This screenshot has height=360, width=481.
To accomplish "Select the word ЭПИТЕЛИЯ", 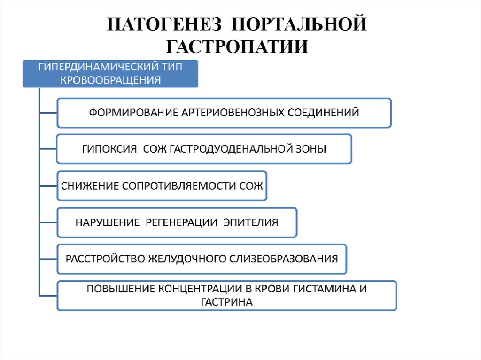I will point(254,222).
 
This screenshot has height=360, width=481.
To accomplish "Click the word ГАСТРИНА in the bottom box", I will point(226,302).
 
